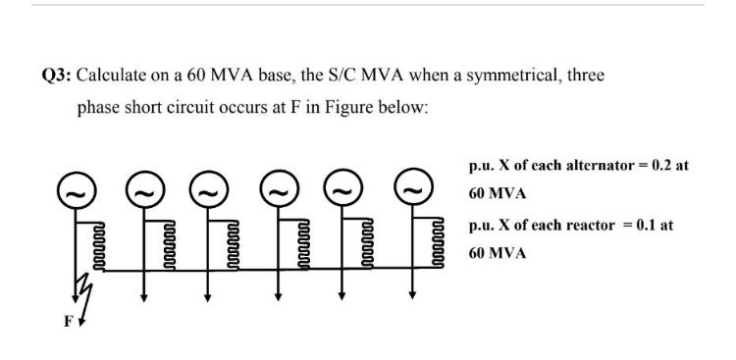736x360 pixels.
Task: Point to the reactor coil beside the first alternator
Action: [x=96, y=242]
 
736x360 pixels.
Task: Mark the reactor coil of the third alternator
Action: [x=232, y=242]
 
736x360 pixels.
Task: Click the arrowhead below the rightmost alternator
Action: [x=412, y=294]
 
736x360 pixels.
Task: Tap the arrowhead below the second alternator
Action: [x=143, y=294]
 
